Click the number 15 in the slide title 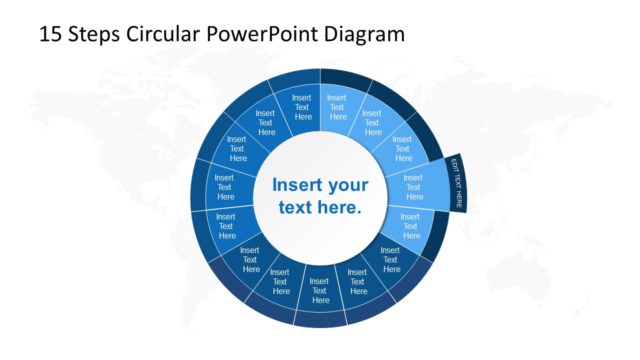click(50, 34)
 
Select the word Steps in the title click(96, 34)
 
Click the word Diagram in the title click(368, 34)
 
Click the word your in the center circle click(349, 185)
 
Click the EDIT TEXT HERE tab click(457, 183)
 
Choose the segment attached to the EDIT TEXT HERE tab click(412, 187)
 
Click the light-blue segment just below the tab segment click(410, 227)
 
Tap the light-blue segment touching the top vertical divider click(337, 106)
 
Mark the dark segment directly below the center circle click(320, 290)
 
